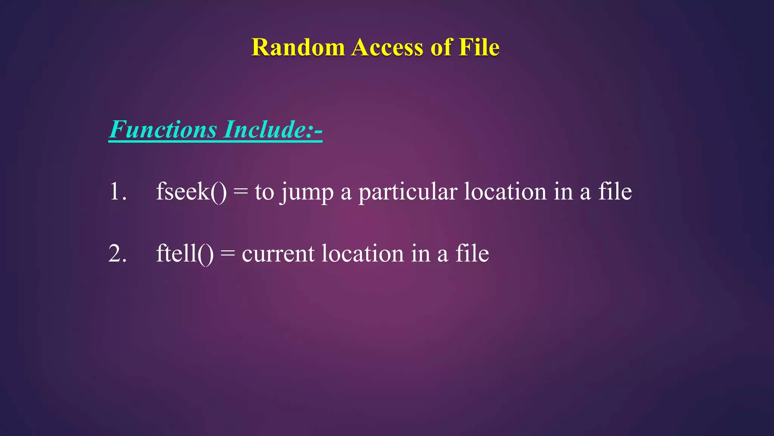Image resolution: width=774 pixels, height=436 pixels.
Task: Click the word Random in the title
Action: (298, 48)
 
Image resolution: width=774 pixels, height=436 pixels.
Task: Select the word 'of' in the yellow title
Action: (441, 48)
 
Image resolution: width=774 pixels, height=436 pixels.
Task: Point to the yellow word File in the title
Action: (479, 48)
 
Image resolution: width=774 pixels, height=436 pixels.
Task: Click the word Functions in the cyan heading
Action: (163, 129)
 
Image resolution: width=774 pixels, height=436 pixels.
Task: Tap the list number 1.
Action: (118, 192)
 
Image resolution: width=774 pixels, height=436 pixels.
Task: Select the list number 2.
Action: (118, 253)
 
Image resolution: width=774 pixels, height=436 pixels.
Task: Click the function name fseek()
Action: (191, 192)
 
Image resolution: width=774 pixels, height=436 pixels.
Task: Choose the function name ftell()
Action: (185, 253)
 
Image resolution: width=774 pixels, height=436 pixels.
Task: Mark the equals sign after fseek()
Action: (241, 192)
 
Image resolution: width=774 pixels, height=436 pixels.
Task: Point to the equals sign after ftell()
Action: (228, 253)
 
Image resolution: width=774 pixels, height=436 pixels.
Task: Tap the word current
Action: (278, 254)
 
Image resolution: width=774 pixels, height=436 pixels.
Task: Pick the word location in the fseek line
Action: (505, 192)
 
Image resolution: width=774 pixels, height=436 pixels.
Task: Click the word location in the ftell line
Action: (362, 253)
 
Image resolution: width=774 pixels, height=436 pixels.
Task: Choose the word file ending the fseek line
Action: (615, 192)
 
